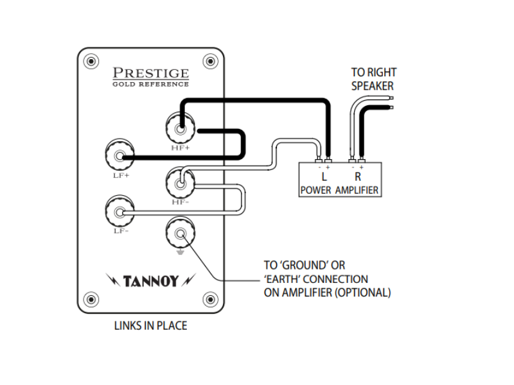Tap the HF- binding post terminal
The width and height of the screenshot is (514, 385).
pos(181,183)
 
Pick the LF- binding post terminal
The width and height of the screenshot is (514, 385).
pos(119,211)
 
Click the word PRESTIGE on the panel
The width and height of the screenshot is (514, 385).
pos(151,73)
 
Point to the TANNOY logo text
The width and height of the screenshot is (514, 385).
pos(151,281)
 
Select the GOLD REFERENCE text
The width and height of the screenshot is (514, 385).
pos(151,84)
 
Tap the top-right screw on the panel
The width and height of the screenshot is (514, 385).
pos(210,62)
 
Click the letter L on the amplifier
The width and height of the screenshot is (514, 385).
pos(324,176)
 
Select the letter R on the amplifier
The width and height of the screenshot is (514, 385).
pos(357,176)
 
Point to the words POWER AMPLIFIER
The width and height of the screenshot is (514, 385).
pos(339,191)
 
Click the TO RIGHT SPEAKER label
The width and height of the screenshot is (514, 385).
pos(373,79)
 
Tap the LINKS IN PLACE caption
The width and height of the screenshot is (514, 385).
pos(150,326)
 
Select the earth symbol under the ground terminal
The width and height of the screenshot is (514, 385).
pos(181,251)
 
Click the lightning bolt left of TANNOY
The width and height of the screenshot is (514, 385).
pos(113,280)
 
